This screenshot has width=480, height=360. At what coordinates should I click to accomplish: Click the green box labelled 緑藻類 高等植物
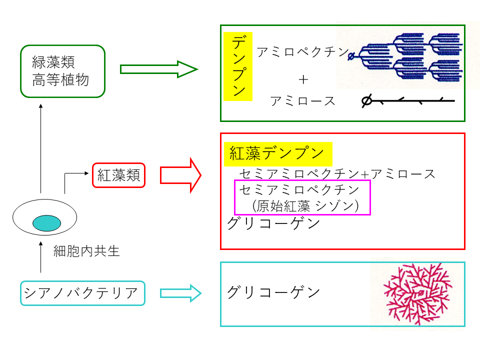pyautogui.click(x=62, y=71)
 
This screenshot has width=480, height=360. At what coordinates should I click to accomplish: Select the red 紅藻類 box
pyautogui.click(x=118, y=175)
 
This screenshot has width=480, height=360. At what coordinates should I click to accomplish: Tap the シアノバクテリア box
pyautogui.click(x=82, y=293)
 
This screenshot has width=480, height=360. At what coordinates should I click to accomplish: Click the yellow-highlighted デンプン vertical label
pyautogui.click(x=238, y=66)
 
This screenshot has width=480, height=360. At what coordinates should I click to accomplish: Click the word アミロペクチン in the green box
pyautogui.click(x=302, y=51)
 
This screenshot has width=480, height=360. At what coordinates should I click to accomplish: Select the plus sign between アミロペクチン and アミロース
pyautogui.click(x=302, y=78)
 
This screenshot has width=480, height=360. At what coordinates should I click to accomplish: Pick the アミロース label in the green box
pyautogui.click(x=302, y=101)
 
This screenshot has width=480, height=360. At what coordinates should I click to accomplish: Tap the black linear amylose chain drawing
pyautogui.click(x=408, y=101)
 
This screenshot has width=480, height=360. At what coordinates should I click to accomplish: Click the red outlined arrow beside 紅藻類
pyautogui.click(x=180, y=175)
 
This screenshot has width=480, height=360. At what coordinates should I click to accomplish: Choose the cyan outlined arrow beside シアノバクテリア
pyautogui.click(x=180, y=293)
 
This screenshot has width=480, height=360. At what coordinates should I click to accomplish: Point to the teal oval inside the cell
pyautogui.click(x=46, y=223)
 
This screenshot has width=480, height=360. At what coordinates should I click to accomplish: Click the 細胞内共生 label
pyautogui.click(x=86, y=251)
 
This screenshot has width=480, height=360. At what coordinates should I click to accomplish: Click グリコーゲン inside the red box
pyautogui.click(x=273, y=223)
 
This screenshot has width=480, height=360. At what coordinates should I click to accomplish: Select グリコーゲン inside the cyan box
pyautogui.click(x=273, y=292)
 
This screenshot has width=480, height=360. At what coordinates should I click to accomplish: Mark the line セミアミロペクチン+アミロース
pyautogui.click(x=337, y=174)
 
